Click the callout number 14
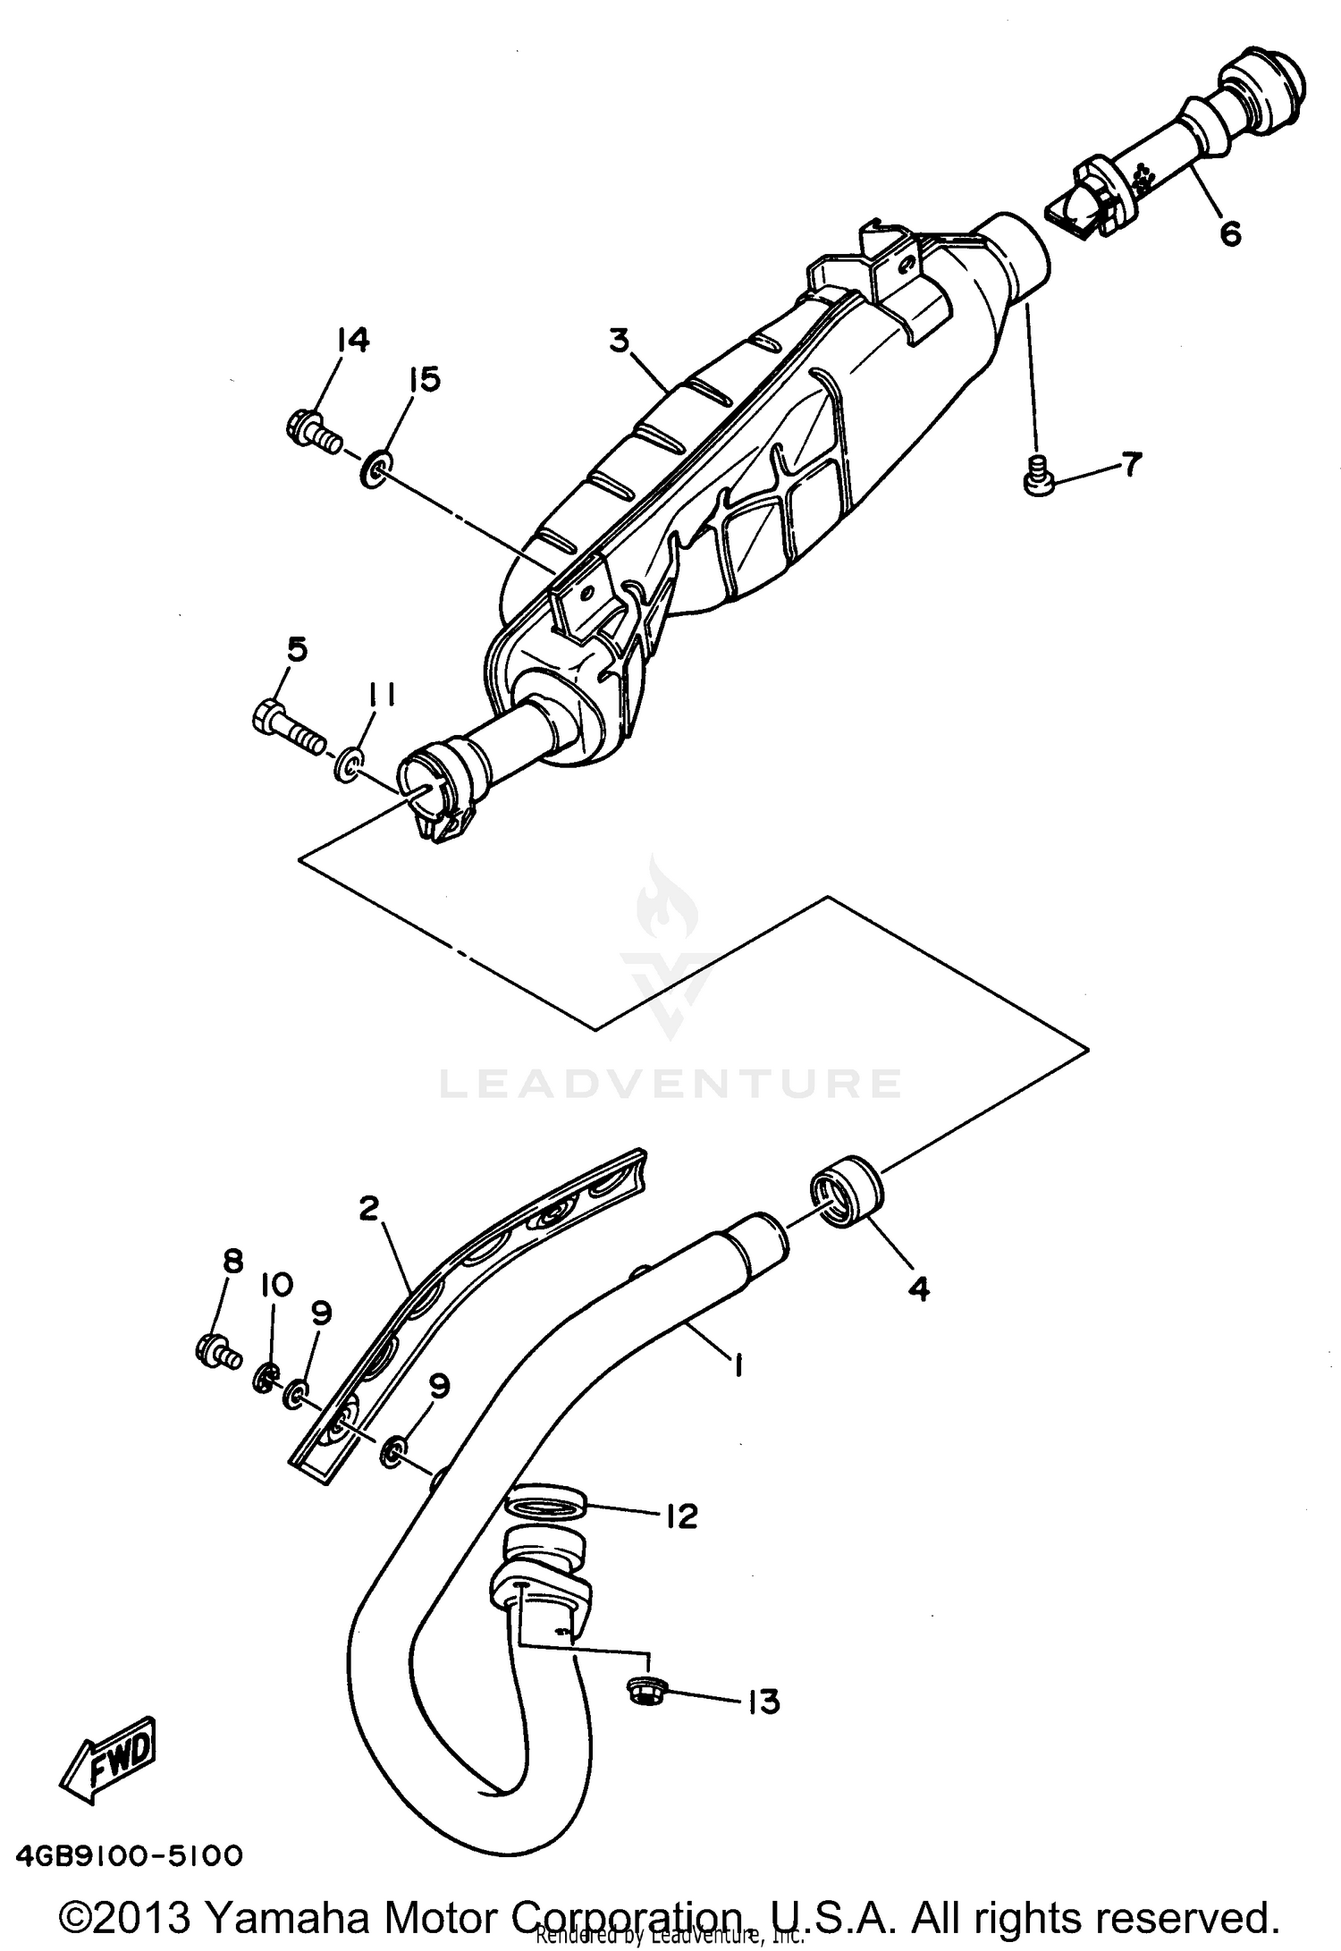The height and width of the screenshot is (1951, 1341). [x=352, y=341]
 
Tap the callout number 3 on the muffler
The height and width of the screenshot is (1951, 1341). [x=619, y=341]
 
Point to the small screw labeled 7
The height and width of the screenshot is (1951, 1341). [x=1038, y=475]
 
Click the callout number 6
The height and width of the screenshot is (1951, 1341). [x=1230, y=233]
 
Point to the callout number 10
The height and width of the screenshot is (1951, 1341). [x=276, y=1286]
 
